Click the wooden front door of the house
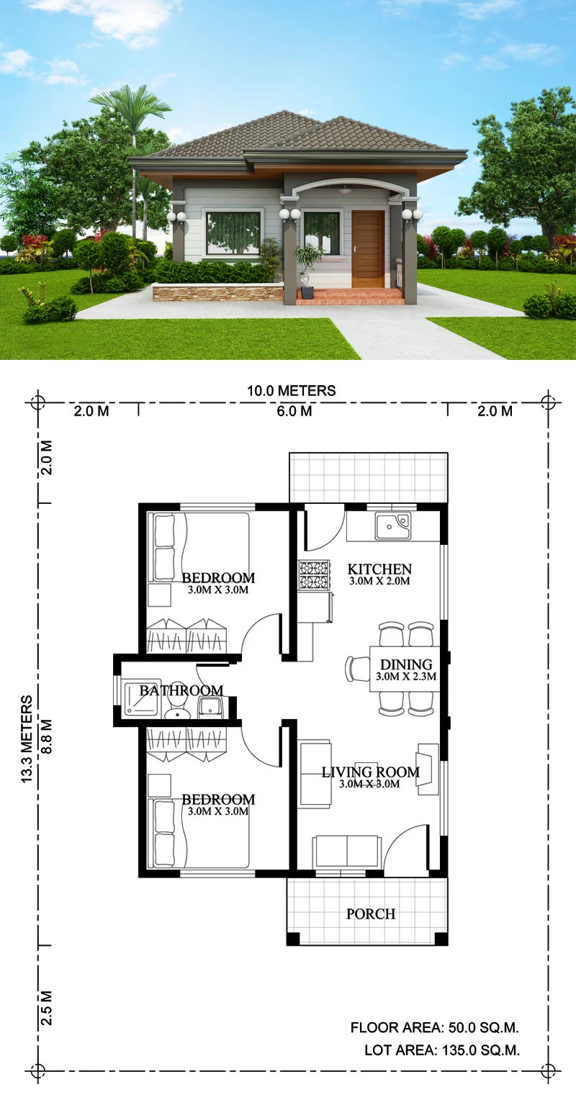pyautogui.click(x=368, y=249)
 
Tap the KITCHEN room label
pyautogui.click(x=379, y=569)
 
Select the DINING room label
pyautogui.click(x=406, y=664)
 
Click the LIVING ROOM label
pyautogui.click(x=370, y=772)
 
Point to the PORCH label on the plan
pyautogui.click(x=371, y=914)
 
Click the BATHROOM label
pyautogui.click(x=181, y=690)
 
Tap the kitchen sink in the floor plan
pyautogui.click(x=393, y=526)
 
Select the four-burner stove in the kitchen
pyautogui.click(x=314, y=575)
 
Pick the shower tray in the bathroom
pyautogui.click(x=142, y=698)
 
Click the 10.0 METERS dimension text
pyautogui.click(x=291, y=391)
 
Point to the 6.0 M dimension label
pyautogui.click(x=294, y=411)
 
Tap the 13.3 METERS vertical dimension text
pyautogui.click(x=27, y=739)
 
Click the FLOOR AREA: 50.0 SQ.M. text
pyautogui.click(x=434, y=1027)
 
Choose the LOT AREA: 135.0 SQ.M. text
pyautogui.click(x=442, y=1050)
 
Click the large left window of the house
pyautogui.click(x=233, y=233)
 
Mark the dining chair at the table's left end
pyautogui.click(x=357, y=669)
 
